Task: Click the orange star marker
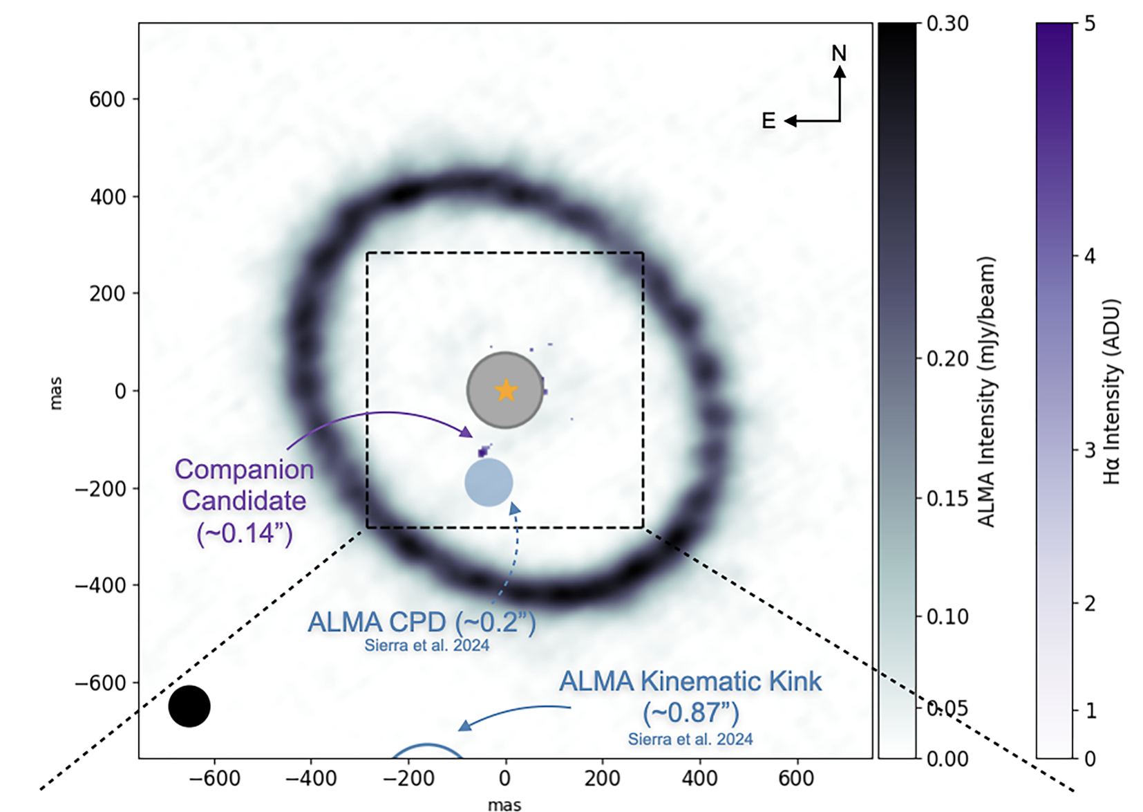(506, 390)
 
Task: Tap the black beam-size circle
(189, 706)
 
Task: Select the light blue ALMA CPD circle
(489, 482)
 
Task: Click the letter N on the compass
(839, 53)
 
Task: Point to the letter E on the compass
(768, 121)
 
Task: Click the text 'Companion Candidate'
(244, 485)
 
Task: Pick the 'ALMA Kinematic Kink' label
(690, 681)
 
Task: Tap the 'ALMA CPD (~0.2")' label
(422, 622)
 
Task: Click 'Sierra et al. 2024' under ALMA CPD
(426, 645)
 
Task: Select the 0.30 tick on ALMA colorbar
(947, 24)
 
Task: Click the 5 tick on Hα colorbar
(1090, 24)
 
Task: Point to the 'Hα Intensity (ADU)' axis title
(1111, 391)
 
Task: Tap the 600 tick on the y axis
(107, 99)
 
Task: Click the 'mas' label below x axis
(504, 804)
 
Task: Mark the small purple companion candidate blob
(483, 452)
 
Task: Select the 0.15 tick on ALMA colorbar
(947, 498)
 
